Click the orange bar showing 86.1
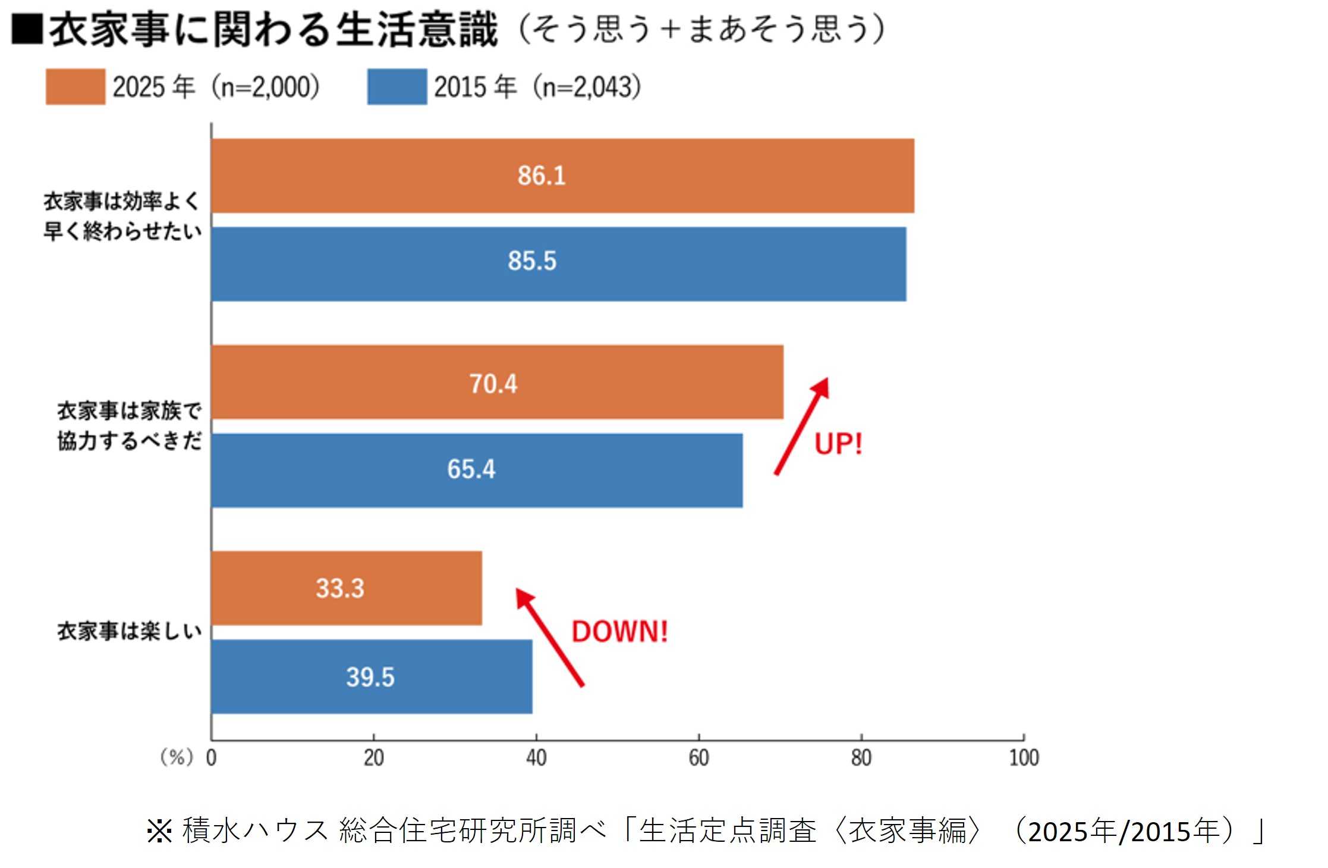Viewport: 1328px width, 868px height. pyautogui.click(x=562, y=176)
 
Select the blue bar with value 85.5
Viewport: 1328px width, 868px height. pyautogui.click(x=559, y=264)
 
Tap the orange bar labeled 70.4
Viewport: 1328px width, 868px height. pyautogui.click(x=497, y=382)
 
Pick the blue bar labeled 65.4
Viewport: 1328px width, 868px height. pyautogui.click(x=477, y=470)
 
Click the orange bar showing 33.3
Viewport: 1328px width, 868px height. pyautogui.click(x=347, y=588)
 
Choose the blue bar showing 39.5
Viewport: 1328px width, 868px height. pyautogui.click(x=372, y=676)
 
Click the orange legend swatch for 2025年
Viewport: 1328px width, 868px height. pyautogui.click(x=75, y=87)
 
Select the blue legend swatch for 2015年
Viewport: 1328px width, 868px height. pyautogui.click(x=396, y=87)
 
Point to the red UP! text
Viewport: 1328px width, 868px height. pyautogui.click(x=838, y=444)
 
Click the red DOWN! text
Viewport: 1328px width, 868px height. pyautogui.click(x=619, y=631)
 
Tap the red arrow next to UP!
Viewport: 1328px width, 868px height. pyautogui.click(x=801, y=426)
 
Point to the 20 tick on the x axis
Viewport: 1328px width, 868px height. pyautogui.click(x=374, y=758)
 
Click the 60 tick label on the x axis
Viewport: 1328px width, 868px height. pyautogui.click(x=698, y=758)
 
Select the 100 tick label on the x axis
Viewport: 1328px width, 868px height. pyautogui.click(x=1024, y=758)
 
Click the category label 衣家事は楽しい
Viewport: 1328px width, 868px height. pyautogui.click(x=130, y=631)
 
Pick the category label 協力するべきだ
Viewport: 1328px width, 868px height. pyautogui.click(x=130, y=441)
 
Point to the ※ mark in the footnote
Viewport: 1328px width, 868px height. pyautogui.click(x=159, y=831)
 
